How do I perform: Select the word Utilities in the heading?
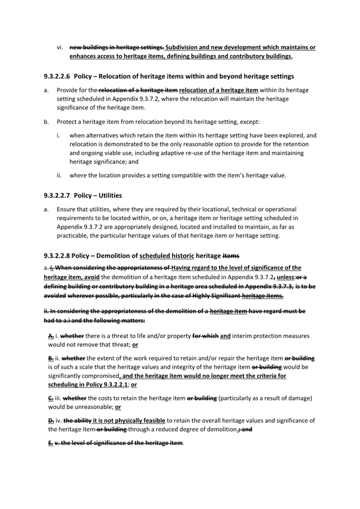[109, 196]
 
